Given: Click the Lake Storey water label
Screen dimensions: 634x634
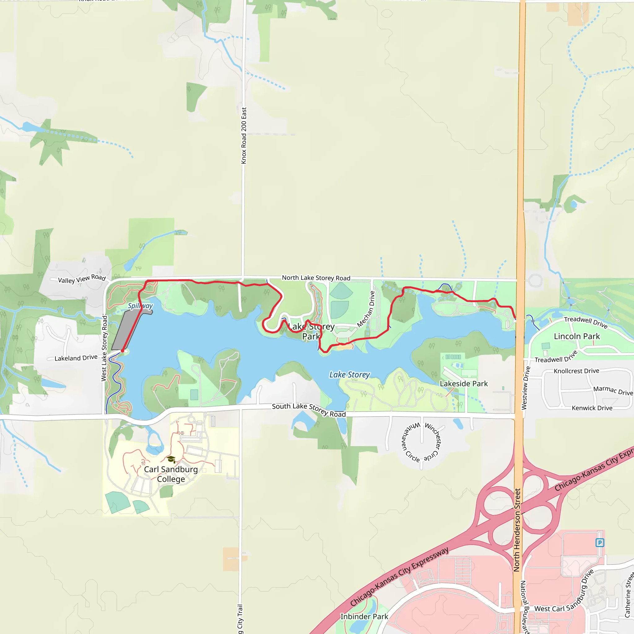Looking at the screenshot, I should [350, 375].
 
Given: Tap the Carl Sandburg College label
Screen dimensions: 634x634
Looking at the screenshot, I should [171, 474].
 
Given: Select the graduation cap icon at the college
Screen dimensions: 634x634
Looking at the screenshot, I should [171, 459].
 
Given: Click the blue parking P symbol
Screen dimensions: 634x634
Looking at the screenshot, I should [600, 542].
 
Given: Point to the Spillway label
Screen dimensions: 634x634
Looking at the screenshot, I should [140, 306].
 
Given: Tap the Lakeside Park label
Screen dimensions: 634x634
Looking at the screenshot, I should [463, 384].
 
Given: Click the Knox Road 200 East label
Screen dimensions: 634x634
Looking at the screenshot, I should [244, 135].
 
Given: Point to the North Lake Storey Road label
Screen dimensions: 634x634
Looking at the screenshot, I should [316, 278].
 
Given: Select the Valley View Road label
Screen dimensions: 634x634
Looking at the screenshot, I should [82, 279].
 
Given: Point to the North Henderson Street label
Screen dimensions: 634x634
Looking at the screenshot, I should [517, 530].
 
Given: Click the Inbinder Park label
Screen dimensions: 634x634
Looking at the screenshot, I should [364, 617].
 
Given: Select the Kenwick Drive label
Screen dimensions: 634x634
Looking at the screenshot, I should [592, 408].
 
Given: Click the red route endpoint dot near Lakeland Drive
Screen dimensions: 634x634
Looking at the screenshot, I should [122, 351].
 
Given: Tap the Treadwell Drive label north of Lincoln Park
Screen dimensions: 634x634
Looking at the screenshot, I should [585, 322].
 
